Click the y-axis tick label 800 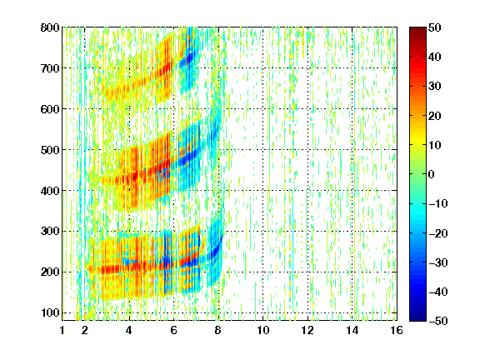50,27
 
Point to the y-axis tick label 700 50,68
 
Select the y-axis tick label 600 50,109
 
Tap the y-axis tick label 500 50,150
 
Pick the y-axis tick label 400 50,191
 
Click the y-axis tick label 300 50,232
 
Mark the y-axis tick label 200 50,272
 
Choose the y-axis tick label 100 50,312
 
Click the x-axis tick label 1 62,330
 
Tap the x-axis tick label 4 129,330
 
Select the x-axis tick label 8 218,330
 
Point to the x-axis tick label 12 307,330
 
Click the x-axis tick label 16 397,330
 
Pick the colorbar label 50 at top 435,27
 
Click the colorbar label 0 432,174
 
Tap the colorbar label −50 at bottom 438,321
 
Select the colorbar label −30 438,262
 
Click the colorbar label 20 435,116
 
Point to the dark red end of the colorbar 417,30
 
